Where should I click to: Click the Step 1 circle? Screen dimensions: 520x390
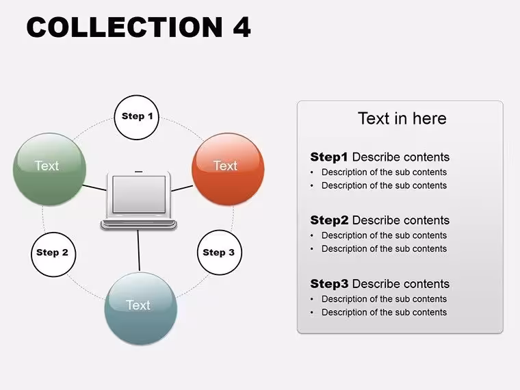[137, 118]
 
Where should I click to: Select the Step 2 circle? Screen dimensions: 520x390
[53, 255]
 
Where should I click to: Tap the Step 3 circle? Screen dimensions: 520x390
[220, 252]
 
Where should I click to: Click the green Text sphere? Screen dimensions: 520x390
[49, 169]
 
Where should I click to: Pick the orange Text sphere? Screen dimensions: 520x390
[228, 169]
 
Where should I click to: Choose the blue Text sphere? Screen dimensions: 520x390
[141, 309]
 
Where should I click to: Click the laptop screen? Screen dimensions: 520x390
[139, 194]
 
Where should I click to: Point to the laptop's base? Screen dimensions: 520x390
[139, 224]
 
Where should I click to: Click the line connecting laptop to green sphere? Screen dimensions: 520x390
[94, 187]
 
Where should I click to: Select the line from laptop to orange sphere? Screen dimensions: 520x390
[182, 188]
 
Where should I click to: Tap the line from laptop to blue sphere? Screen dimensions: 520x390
[139, 250]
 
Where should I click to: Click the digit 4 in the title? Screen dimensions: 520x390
[242, 27]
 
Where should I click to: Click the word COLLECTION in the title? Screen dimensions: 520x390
[125, 27]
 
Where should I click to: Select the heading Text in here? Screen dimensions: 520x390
[402, 118]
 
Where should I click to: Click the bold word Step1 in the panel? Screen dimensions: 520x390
[329, 157]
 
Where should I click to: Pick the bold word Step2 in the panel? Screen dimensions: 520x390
[329, 220]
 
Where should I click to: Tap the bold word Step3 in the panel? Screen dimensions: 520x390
[329, 284]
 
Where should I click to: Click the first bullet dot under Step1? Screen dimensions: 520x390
[312, 172]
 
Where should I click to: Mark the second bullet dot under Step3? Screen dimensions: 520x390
[312, 313]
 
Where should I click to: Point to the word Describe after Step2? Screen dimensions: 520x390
[375, 220]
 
